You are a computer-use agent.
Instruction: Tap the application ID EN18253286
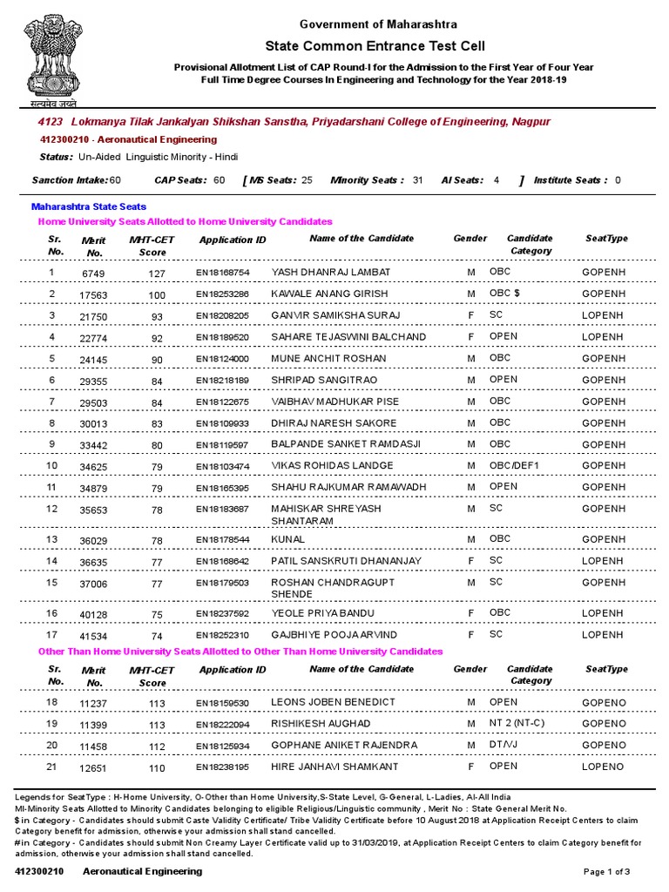222,294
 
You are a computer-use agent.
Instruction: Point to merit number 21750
93,316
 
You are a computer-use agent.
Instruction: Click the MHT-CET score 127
156,274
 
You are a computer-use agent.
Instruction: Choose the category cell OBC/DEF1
515,466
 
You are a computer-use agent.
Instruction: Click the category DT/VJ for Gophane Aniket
503,746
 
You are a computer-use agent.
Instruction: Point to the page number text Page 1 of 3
606,872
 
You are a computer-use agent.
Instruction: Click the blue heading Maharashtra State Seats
89,207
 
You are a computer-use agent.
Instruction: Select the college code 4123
50,122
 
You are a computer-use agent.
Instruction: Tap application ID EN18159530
222,703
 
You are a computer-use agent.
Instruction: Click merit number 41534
93,637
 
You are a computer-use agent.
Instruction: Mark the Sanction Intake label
70,180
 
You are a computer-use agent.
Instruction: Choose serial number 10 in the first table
52,466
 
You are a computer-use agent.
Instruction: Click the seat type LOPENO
603,767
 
